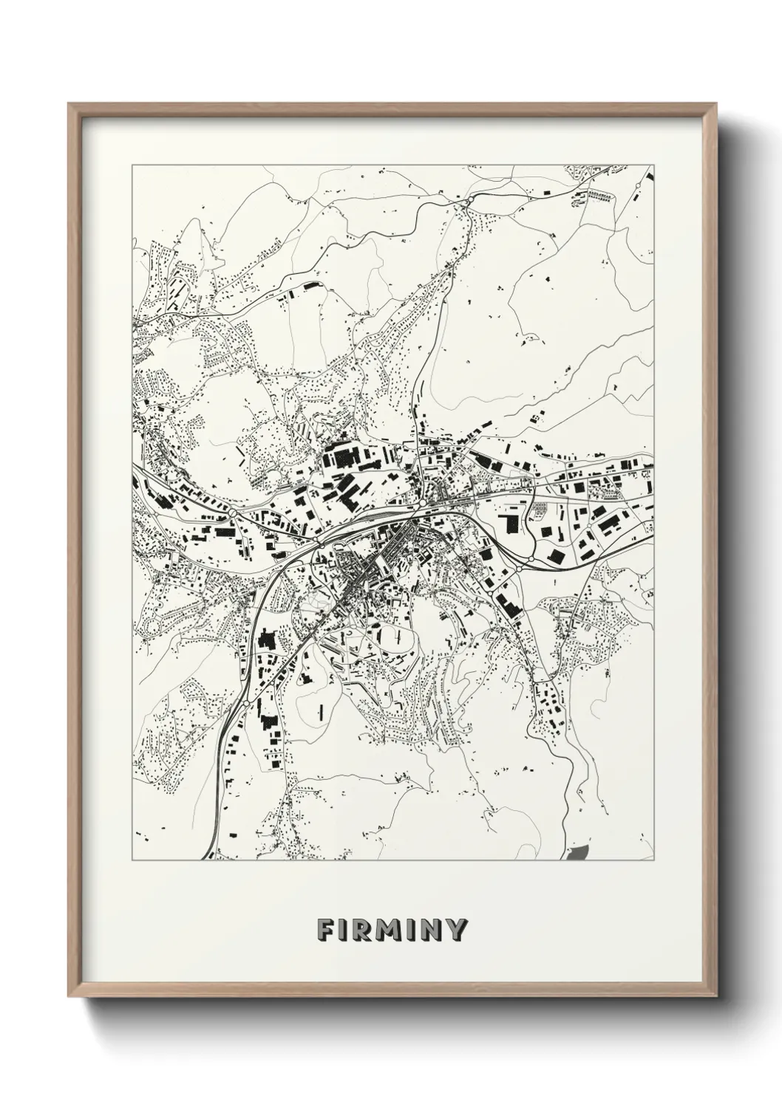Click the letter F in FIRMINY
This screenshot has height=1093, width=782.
pos(326,930)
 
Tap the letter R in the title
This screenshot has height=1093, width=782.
pos(361,930)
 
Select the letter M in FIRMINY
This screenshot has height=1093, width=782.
pos(387,930)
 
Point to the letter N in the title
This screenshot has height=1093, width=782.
pos(432,930)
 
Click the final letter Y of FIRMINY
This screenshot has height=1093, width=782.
pos(456,930)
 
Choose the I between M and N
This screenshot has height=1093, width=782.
pos(411,930)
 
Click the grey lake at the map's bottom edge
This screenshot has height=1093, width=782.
pos(580,852)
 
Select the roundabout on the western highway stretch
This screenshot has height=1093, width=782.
pos(232,511)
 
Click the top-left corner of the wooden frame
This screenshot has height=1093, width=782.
pos(69,104)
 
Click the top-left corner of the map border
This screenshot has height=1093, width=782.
pos(132,165)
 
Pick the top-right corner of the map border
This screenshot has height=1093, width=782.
pos(654,165)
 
